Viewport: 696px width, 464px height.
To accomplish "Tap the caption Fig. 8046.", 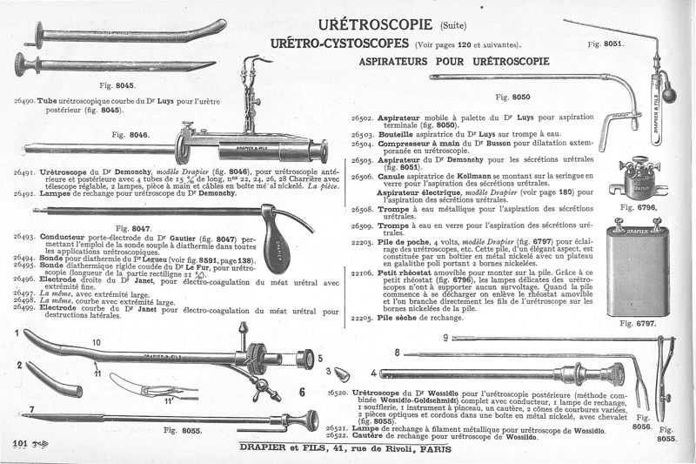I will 131,134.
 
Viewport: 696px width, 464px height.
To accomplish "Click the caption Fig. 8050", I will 512,98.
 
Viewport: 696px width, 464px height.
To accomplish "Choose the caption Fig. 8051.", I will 606,42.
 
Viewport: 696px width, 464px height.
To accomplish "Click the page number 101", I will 21,444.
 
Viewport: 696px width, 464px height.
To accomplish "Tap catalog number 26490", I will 24,101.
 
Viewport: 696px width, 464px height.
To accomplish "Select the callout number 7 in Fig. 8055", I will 32,408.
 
